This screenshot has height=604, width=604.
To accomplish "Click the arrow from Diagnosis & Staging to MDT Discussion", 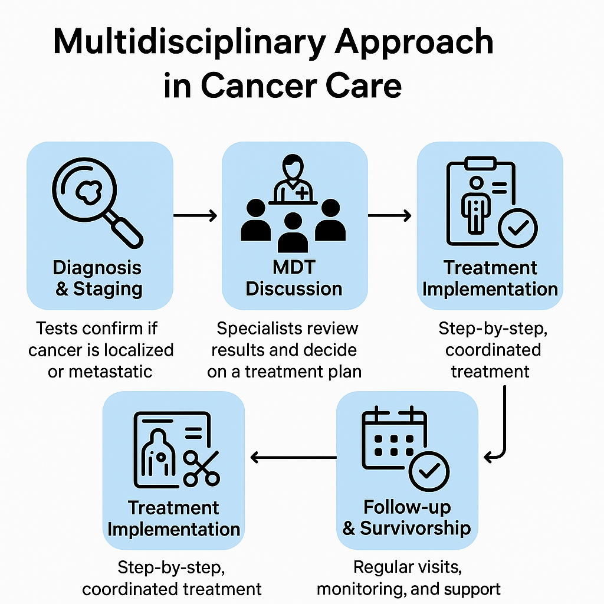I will click(x=196, y=216).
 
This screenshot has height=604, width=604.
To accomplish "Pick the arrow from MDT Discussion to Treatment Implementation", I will click(x=390, y=216).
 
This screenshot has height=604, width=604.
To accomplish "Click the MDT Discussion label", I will click(x=294, y=278).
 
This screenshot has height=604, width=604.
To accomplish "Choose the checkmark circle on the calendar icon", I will click(x=429, y=471).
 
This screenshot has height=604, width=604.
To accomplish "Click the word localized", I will click(x=139, y=350).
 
